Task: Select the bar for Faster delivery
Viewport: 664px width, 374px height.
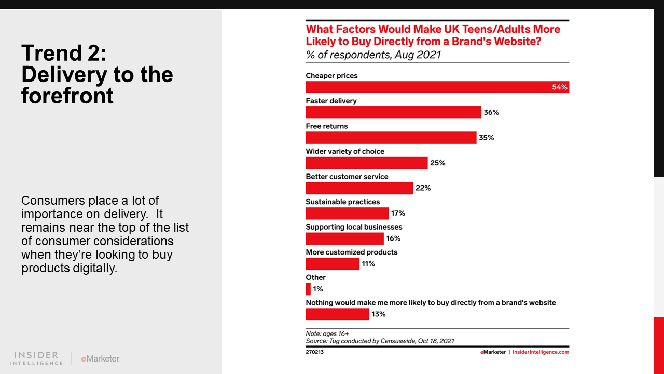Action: (393, 113)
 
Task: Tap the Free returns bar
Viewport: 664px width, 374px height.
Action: (391, 138)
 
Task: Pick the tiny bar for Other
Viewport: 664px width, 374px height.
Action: (308, 289)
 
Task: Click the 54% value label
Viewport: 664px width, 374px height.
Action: (560, 87)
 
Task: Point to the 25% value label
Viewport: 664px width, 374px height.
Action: (437, 163)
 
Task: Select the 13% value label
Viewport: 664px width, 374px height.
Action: (378, 314)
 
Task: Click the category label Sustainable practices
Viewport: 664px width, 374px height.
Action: (342, 202)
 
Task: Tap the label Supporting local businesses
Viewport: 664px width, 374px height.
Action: (354, 227)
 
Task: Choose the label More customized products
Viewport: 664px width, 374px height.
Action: (351, 252)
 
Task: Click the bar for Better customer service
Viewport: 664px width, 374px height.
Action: (359, 188)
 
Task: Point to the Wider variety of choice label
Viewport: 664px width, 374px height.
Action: (345, 151)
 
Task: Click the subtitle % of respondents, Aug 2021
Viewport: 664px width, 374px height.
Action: (373, 55)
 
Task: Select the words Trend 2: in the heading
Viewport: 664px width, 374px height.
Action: (64, 54)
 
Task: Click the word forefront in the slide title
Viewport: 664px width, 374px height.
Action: (67, 96)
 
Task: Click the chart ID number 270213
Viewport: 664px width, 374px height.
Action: (315, 352)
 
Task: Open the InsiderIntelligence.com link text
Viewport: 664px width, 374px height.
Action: (541, 352)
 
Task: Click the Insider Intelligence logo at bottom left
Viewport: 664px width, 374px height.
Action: (36, 358)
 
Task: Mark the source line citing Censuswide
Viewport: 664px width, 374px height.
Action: (380, 341)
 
